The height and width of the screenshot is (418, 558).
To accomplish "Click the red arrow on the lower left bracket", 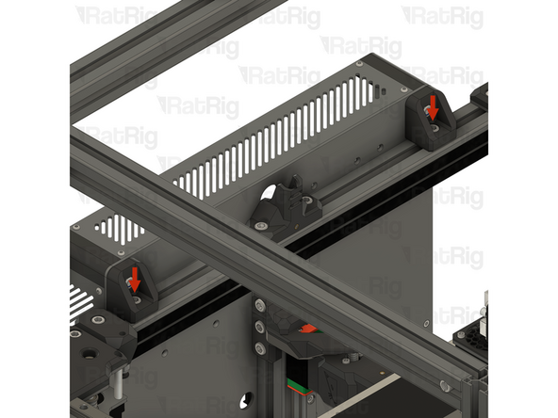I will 135,277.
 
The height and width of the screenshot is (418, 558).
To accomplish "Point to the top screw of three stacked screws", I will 258,305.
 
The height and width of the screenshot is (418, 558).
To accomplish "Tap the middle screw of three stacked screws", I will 258,328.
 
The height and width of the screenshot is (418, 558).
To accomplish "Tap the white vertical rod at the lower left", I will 118,381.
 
